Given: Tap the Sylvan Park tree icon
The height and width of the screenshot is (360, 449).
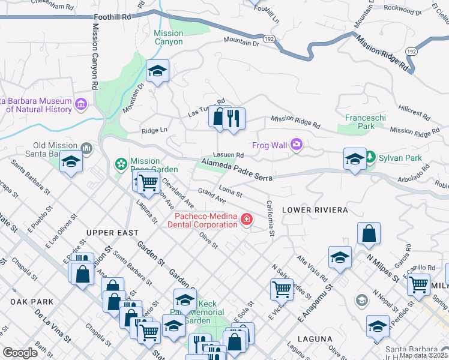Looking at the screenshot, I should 370,158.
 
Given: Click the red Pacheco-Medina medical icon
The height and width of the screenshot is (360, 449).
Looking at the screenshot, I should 246,221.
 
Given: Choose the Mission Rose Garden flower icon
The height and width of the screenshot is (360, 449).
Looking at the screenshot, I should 121,163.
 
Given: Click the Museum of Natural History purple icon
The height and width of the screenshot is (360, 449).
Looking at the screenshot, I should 81,106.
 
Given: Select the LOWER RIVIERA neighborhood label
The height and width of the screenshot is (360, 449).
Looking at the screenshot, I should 315,210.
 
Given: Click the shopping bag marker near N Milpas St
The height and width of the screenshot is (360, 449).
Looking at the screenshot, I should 369,234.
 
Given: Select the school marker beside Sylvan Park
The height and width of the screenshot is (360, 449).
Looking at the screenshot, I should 354,159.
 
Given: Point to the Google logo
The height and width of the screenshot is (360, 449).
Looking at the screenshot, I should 20,353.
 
